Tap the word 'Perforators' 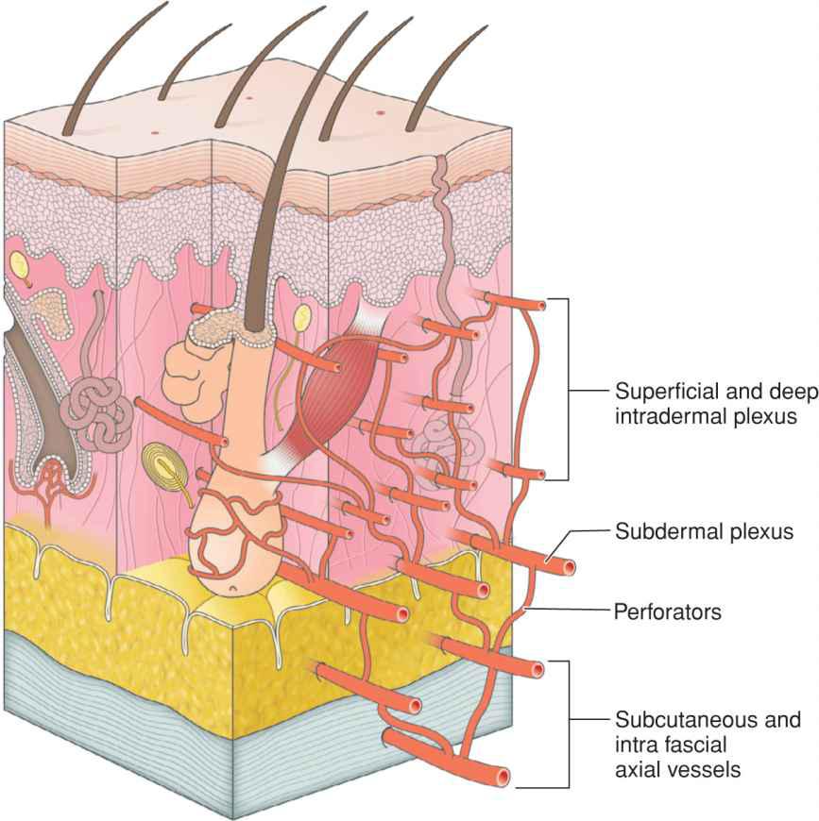point(668,612)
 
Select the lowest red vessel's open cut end point(504,778)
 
